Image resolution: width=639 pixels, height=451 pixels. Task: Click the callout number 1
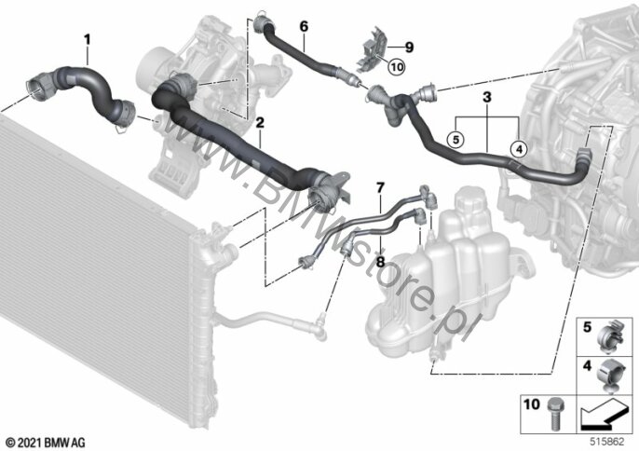tap(88, 39)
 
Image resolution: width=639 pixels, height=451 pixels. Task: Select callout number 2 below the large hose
tap(260, 122)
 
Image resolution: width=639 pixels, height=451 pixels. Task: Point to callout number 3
tap(486, 96)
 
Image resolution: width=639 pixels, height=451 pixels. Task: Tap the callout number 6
tap(303, 28)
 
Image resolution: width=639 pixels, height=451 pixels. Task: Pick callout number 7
tap(379, 188)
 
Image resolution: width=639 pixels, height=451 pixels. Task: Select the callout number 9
tap(408, 47)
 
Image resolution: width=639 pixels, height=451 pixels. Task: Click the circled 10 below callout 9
tap(397, 66)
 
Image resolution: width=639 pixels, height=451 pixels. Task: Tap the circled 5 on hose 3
tap(455, 140)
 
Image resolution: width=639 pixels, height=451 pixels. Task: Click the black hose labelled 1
tap(88, 84)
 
